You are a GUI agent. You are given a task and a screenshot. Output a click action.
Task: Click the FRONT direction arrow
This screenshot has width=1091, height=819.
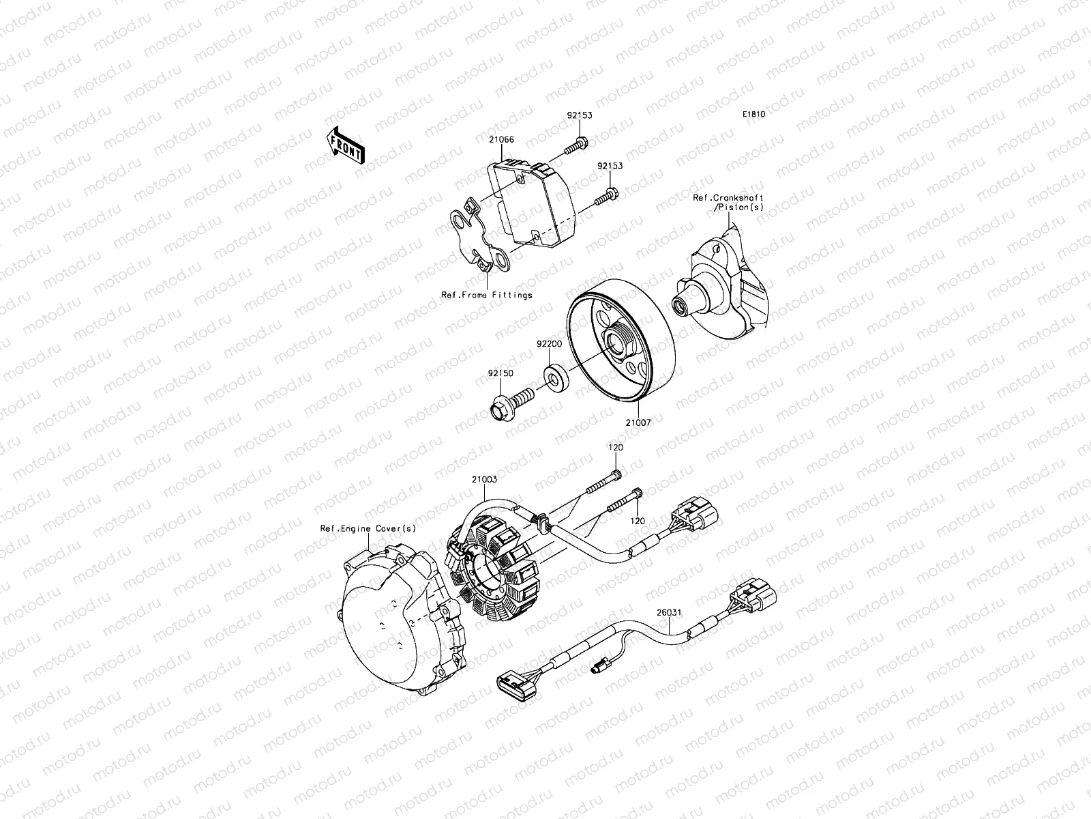coord(346,145)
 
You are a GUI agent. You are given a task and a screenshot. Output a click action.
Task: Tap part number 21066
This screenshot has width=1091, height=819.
coord(501,139)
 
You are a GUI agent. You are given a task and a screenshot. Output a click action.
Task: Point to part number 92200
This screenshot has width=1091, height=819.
coord(549,344)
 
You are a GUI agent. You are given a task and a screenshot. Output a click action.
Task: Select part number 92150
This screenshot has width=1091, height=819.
coord(500,373)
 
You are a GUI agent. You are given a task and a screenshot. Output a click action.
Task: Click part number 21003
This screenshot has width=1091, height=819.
coord(483,479)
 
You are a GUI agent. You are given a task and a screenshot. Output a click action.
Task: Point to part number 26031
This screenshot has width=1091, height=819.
coord(669,612)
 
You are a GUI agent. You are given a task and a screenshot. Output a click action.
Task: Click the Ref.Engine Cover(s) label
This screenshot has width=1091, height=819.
coord(368,528)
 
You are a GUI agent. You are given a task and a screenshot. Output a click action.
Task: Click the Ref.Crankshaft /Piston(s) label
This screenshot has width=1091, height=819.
coord(728,202)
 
